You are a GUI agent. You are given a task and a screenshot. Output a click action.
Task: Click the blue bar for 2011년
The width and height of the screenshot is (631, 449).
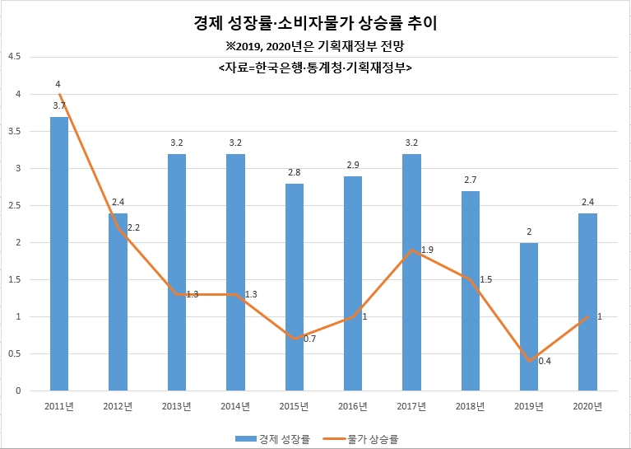point(59,254)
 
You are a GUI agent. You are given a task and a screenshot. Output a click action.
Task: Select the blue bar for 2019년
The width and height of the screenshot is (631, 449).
point(529,317)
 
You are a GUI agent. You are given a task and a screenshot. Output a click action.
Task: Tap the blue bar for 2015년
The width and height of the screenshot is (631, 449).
point(295,288)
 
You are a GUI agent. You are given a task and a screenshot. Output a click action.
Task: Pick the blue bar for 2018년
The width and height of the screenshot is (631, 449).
point(470,291)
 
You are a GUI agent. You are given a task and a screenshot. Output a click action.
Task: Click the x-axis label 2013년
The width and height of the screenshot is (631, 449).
point(177,406)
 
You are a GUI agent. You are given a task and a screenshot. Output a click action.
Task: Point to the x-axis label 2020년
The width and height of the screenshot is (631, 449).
point(587,406)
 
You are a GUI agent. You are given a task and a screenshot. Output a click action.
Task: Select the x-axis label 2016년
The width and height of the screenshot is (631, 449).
point(353,406)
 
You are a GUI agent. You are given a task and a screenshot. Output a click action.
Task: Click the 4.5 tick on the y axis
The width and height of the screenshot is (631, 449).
point(15,57)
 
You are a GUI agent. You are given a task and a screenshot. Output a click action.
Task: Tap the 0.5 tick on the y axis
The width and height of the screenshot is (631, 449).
point(15,354)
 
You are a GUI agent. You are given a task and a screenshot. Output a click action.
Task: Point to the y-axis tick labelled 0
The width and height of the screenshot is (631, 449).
point(19,391)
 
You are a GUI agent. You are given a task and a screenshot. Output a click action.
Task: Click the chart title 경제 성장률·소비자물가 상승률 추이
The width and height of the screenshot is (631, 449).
point(315,23)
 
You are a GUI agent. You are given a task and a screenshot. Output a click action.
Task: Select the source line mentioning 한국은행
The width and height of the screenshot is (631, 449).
point(315,68)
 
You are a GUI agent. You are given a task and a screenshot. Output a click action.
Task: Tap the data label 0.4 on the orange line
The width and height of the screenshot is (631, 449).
point(545,361)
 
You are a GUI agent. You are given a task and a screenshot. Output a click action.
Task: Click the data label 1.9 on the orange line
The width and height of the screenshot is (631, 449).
point(427,250)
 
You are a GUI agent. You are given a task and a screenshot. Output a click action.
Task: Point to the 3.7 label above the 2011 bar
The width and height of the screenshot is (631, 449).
point(59,106)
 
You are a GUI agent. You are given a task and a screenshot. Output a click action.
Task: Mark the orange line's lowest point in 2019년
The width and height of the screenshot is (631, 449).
point(529,361)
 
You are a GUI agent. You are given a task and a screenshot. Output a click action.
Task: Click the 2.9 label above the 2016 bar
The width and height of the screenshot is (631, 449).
point(353,165)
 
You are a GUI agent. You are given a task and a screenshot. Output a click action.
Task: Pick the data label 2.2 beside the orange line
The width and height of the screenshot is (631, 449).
point(133,227)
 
